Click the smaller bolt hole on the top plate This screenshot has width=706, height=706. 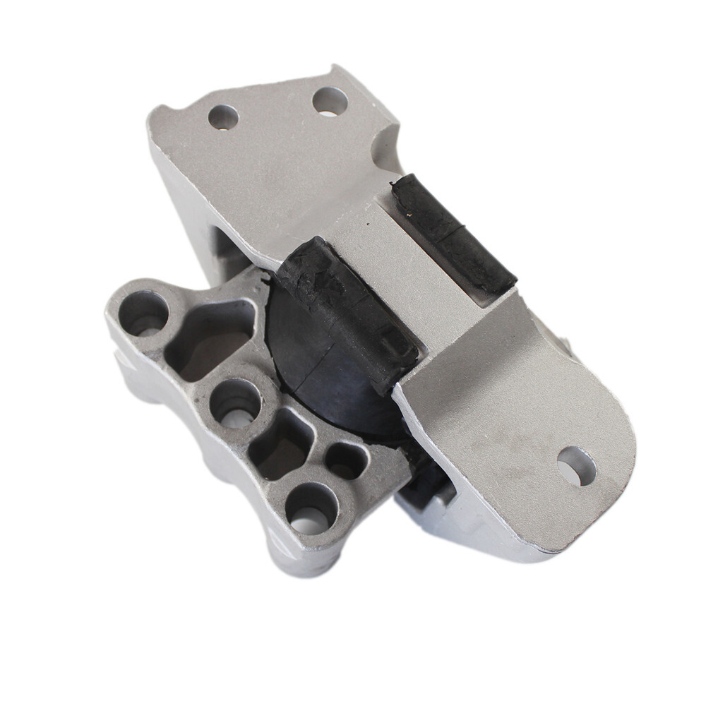(223, 116)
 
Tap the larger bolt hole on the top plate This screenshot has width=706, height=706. (330, 102)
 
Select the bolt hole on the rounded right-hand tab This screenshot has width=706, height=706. (576, 466)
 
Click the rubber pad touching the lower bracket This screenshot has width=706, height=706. (346, 311)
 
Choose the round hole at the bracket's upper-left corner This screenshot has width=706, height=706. (144, 313)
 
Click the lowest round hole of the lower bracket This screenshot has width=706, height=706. (311, 508)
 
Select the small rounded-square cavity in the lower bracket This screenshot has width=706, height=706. (346, 461)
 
